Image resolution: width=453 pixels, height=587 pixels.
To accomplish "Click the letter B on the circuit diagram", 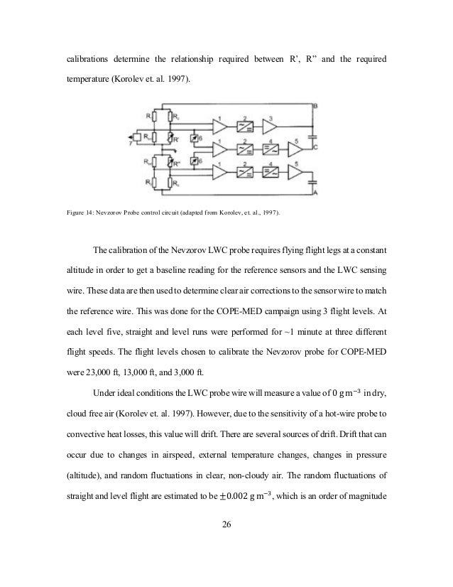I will [315, 105].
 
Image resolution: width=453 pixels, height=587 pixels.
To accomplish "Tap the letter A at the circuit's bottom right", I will [315, 193].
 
